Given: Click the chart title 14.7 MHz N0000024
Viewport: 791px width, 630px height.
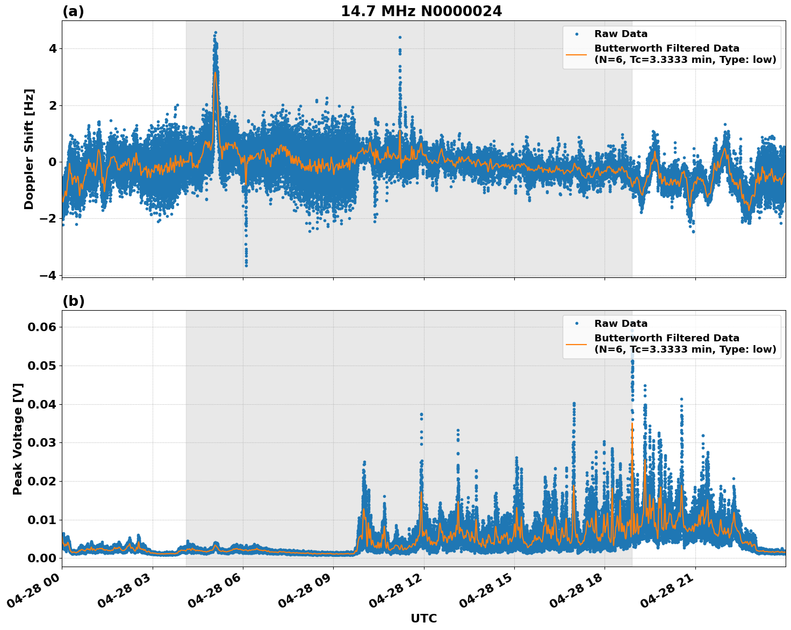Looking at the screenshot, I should pyautogui.click(x=421, y=11).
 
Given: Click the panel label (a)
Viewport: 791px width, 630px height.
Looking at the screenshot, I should pyautogui.click(x=73, y=11).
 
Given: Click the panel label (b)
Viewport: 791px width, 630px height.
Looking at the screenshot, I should pyautogui.click(x=73, y=301).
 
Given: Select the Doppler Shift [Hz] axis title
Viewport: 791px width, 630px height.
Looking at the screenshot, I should pyautogui.click(x=29, y=149).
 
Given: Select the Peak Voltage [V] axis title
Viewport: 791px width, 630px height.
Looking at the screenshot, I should pyautogui.click(x=18, y=439).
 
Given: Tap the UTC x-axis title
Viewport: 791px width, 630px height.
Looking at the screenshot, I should pyautogui.click(x=423, y=618).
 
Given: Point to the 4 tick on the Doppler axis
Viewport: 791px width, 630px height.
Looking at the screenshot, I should pyautogui.click(x=53, y=48).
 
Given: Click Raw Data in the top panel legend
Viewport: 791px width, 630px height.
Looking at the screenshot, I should pyautogui.click(x=621, y=34).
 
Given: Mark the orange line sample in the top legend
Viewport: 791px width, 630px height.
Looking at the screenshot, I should pyautogui.click(x=577, y=54).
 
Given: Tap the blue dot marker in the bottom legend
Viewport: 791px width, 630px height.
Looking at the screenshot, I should pyautogui.click(x=577, y=324).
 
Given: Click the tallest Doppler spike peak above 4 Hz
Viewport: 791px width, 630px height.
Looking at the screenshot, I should pyautogui.click(x=215, y=33).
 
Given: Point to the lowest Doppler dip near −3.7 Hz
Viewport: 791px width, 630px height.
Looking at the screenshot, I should pyautogui.click(x=246, y=266).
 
